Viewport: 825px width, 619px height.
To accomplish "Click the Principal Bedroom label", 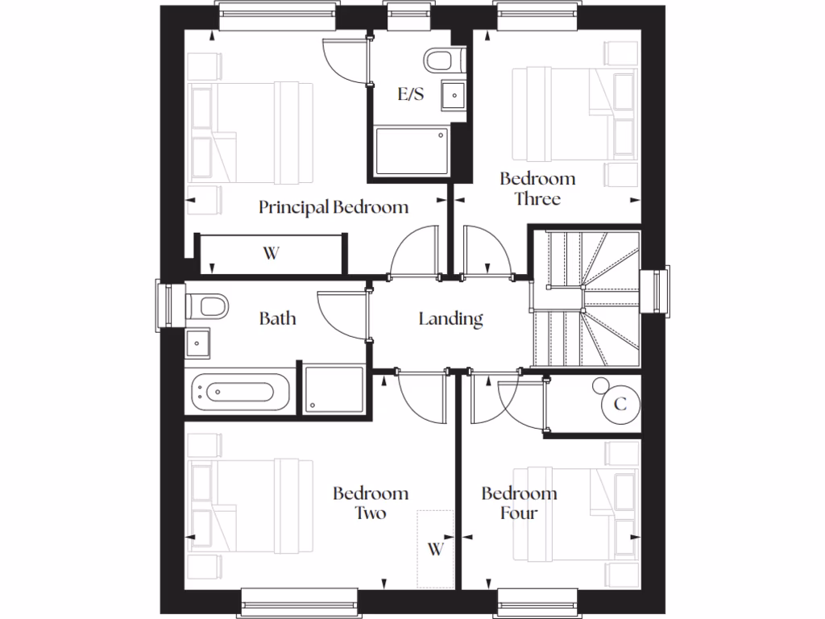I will coord(333,207).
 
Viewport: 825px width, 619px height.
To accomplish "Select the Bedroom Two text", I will coord(371,503).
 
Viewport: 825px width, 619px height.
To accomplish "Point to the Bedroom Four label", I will coord(519,503).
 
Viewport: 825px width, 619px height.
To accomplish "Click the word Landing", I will coord(450,319).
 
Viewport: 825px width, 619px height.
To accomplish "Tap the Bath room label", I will coord(277,318).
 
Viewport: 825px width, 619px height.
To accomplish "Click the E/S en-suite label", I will coord(411,94).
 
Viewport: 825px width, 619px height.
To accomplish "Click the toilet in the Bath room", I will coord(207,306).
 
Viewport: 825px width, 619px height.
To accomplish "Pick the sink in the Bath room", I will coord(197,345).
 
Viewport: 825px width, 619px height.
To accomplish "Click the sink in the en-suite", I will coord(454,96).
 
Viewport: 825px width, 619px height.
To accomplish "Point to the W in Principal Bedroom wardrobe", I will coord(271,254).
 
